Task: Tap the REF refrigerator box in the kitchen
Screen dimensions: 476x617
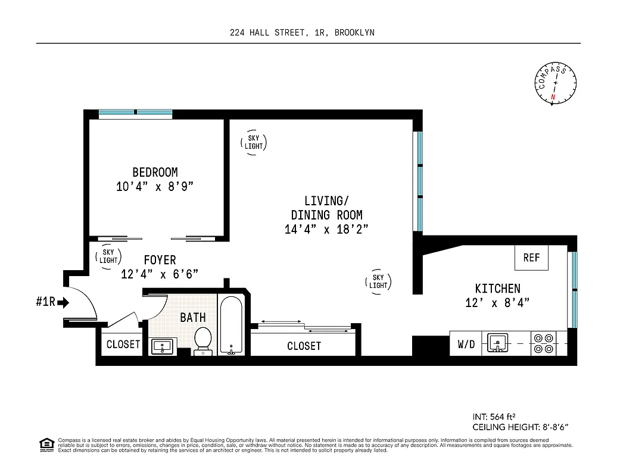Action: coord(531,257)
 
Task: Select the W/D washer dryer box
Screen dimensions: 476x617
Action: coord(466,344)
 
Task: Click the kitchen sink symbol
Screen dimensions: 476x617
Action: coord(497,343)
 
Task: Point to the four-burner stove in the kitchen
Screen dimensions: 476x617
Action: coord(543,343)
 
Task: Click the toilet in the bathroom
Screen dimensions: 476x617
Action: coord(203,339)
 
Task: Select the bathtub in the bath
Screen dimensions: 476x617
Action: coord(230,325)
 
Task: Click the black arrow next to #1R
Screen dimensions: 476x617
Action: coord(64,302)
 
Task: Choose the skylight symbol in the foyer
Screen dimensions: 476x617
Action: coord(108,256)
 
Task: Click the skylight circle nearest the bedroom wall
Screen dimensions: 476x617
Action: coord(254,142)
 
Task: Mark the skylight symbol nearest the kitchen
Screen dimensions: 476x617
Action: coord(378,281)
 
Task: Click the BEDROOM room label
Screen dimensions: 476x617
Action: coord(155,173)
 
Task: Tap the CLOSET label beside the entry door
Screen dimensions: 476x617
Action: coord(123,344)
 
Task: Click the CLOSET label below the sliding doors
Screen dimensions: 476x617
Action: coord(304,346)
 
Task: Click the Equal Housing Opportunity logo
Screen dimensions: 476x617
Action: coord(45,443)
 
